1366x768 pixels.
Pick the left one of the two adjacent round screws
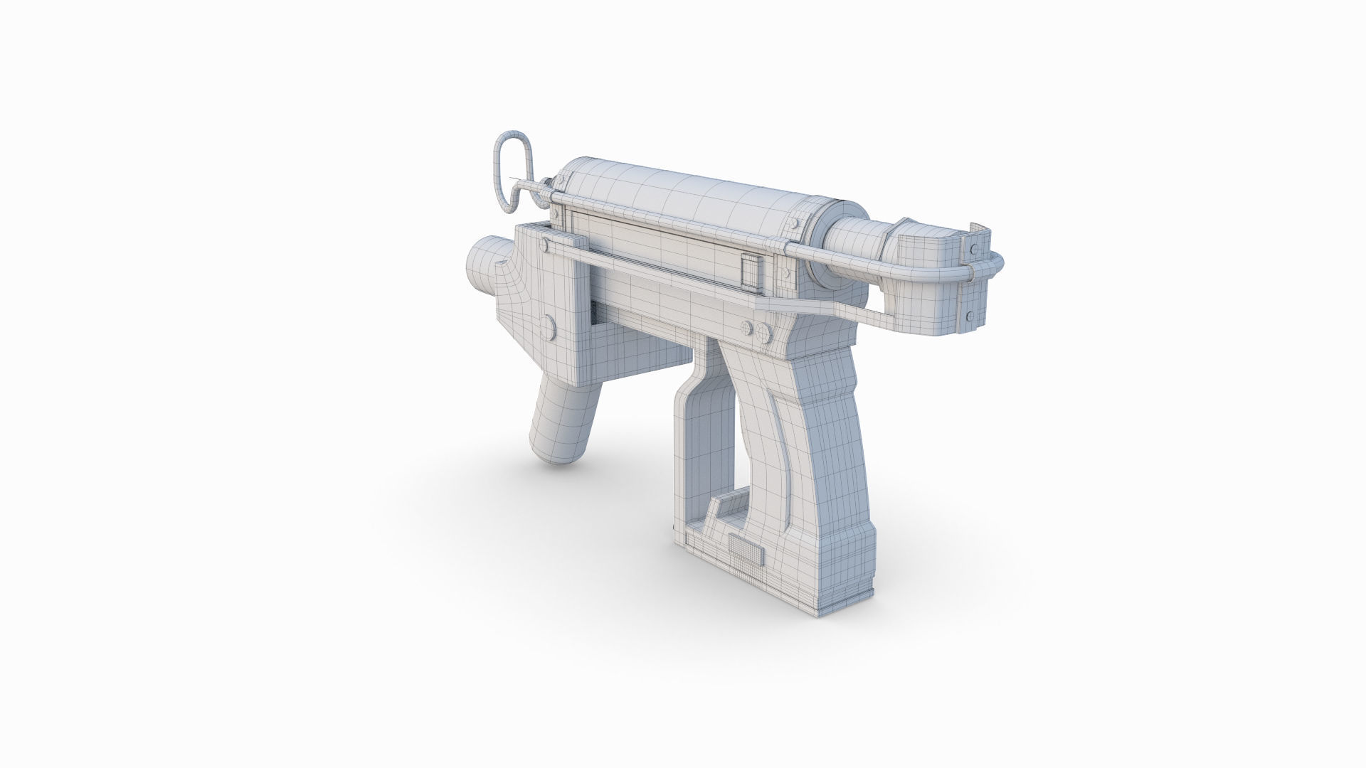pyautogui.click(x=747, y=328)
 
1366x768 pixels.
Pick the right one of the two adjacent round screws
pyautogui.click(x=763, y=331)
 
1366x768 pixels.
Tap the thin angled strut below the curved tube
pyautogui.click(x=840, y=305)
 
